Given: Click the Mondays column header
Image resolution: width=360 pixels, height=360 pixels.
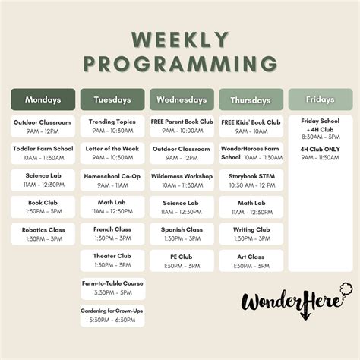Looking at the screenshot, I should point(43,99).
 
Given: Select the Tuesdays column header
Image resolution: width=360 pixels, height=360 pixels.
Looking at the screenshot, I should point(112,99).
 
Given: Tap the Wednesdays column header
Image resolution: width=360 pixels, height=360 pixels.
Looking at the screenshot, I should point(182,99).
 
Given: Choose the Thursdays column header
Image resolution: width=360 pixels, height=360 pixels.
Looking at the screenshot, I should point(251,99).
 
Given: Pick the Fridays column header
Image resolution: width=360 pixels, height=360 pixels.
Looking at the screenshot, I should point(321,99).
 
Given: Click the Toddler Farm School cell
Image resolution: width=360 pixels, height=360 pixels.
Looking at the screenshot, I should point(43,153).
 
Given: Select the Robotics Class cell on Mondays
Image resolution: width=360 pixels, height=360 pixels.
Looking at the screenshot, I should point(43,234).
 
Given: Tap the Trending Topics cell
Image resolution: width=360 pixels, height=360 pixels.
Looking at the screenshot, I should point(112,125).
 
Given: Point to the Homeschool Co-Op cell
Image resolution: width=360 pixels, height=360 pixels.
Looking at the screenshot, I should point(112,180).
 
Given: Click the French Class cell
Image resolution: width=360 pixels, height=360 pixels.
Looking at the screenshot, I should point(112,234).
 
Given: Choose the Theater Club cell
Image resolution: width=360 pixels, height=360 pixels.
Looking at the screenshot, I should point(112,261).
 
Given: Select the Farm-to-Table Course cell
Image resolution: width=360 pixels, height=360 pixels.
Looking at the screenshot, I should point(112,288).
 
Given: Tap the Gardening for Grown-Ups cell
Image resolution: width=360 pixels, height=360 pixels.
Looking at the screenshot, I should point(112,314).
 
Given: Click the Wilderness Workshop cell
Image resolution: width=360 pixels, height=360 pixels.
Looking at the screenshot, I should point(182,180).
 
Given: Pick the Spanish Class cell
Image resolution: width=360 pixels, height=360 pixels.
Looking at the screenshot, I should point(182,234).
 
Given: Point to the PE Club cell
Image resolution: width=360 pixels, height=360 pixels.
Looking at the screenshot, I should point(182,261).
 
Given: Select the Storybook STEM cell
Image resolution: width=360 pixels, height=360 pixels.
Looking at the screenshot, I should point(251,180).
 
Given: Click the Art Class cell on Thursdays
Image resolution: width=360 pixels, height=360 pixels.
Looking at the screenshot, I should point(251,261).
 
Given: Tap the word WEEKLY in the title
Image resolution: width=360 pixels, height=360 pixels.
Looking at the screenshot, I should point(180,39).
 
